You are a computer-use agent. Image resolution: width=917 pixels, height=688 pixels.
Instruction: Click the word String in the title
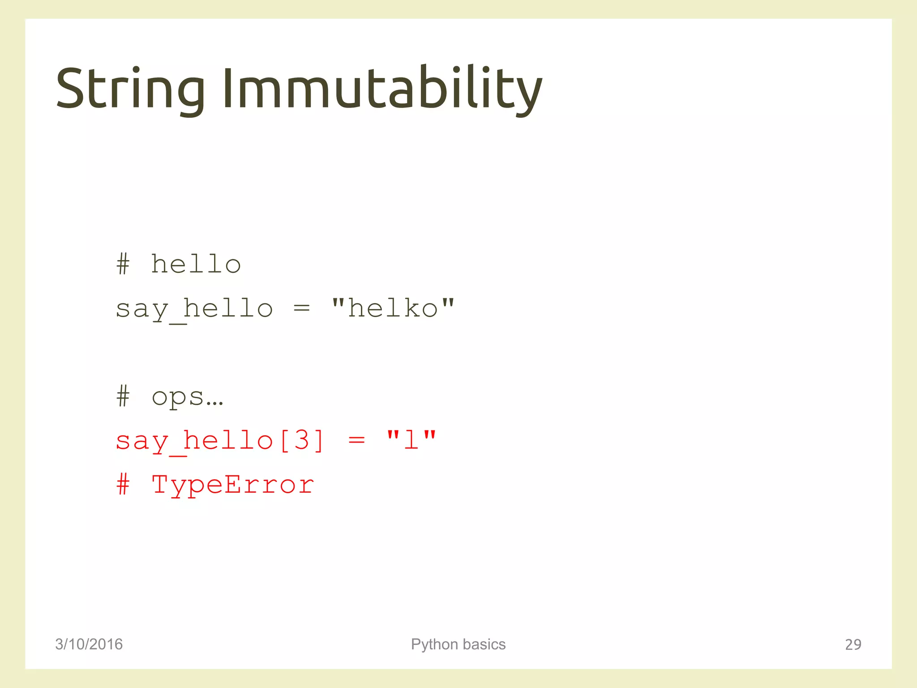coord(130,89)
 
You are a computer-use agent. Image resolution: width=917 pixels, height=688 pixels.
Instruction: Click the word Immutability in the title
coord(382,89)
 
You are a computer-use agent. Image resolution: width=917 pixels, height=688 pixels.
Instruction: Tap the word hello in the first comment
coord(196,264)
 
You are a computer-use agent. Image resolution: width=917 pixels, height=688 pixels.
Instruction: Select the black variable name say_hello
coord(194,309)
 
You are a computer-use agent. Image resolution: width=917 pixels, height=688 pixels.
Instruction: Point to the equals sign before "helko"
coord(301,308)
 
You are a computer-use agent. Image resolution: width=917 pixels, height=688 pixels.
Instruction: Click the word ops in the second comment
coord(178,397)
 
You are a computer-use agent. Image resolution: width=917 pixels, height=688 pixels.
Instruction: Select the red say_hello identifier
coord(194,441)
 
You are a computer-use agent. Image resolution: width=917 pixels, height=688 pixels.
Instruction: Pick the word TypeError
coord(233,485)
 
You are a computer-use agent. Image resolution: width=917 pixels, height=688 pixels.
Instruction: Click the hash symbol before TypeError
coord(123,485)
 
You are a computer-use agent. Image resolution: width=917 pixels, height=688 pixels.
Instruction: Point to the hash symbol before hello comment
coord(123,264)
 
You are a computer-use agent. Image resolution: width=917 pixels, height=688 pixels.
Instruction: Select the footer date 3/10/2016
coord(89,644)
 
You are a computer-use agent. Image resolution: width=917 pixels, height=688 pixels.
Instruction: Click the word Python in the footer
coord(434,644)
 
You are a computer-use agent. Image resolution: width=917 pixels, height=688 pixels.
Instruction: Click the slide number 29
coord(853,644)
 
